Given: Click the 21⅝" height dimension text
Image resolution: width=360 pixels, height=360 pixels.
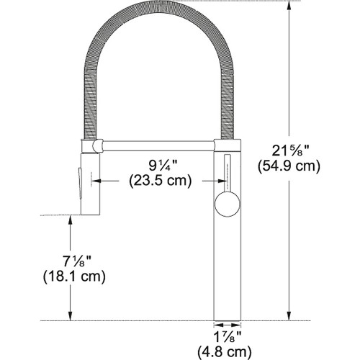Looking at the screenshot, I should (x=289, y=150).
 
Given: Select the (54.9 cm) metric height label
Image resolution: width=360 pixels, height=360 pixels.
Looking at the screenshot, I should (x=289, y=166).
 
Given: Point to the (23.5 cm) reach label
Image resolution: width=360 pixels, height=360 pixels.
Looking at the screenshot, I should (x=159, y=181).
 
